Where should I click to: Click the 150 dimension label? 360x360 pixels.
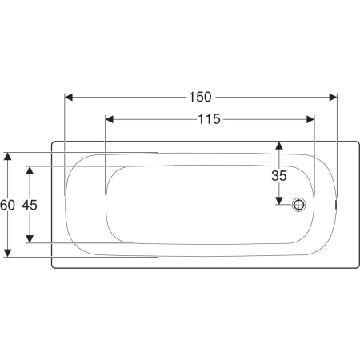pos(200,97)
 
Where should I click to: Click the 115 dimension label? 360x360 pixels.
pos(209,119)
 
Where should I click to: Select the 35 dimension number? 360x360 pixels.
pos(279,176)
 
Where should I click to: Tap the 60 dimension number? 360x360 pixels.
pos(7,205)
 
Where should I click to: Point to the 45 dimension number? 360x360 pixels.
pos(30,205)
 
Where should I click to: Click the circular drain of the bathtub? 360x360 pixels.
pos(298,205)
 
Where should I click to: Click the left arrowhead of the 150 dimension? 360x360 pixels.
pos(69,98)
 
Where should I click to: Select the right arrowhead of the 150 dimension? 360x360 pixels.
pos(333,98)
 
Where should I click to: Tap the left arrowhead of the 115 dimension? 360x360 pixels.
pos(110,119)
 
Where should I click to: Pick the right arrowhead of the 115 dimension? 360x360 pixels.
pos(310,119)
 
